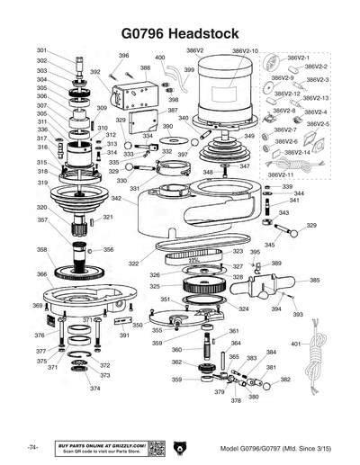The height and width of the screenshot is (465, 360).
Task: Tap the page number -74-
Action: click(x=32, y=448)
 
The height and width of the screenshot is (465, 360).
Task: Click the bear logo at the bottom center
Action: click(x=180, y=448)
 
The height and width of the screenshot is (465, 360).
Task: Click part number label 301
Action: click(x=42, y=49)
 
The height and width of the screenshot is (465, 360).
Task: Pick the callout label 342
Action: click(x=116, y=198)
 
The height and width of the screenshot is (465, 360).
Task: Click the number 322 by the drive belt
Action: click(x=133, y=264)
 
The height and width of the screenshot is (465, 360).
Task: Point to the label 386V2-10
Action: click(x=245, y=51)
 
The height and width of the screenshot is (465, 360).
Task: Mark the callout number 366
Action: click(x=42, y=274)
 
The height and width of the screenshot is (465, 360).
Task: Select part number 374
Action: click(x=94, y=389)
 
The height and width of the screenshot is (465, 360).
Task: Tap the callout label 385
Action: click(x=314, y=281)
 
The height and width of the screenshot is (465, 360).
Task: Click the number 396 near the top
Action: click(x=123, y=56)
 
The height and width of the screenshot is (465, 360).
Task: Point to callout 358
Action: click(x=42, y=249)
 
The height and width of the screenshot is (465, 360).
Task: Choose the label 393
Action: click(x=298, y=315)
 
